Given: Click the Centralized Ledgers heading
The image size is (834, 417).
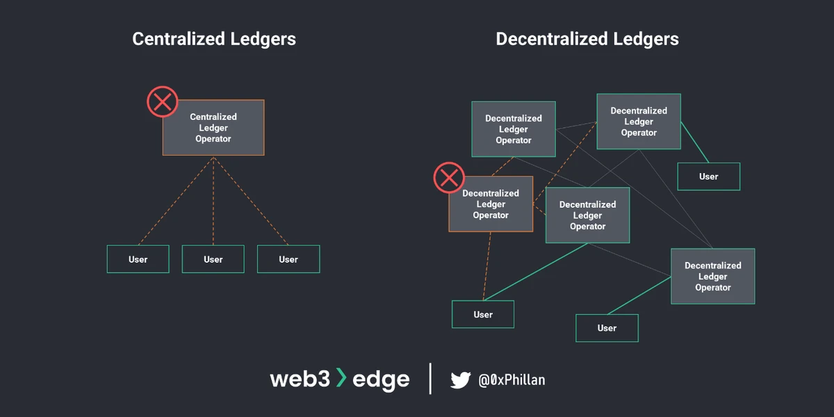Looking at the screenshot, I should [x=214, y=39].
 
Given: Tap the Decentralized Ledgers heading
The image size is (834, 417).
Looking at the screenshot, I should [x=587, y=39].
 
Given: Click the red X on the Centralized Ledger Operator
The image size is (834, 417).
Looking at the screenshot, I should [x=163, y=102].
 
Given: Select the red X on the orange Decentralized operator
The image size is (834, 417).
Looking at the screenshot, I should [x=449, y=177].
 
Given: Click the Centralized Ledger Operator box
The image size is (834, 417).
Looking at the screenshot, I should [x=213, y=128].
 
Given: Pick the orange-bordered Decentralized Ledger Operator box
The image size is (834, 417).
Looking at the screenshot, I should [x=491, y=204].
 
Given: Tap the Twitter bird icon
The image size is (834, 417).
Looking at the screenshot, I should [x=460, y=379].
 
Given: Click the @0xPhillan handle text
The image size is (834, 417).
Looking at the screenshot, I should [x=512, y=380].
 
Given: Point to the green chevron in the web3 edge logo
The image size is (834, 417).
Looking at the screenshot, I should [x=341, y=378].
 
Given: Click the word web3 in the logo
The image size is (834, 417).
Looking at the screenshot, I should [x=299, y=379].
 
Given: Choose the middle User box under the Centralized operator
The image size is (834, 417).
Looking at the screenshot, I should [x=213, y=259].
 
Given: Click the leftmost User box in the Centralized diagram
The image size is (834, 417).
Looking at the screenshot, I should [x=138, y=259].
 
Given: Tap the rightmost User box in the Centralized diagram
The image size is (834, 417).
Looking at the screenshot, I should [x=288, y=259].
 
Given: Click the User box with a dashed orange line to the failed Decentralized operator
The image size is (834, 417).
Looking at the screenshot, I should [x=483, y=314].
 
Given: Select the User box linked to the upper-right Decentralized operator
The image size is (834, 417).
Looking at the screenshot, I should [x=709, y=177].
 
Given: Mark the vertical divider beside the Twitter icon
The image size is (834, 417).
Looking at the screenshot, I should [x=430, y=379].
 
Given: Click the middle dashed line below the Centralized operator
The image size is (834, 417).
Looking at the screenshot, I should [x=213, y=202].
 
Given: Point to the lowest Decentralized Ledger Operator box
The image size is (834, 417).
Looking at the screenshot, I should [x=712, y=277].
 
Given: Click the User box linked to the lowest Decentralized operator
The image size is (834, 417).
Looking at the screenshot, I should [x=607, y=328].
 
